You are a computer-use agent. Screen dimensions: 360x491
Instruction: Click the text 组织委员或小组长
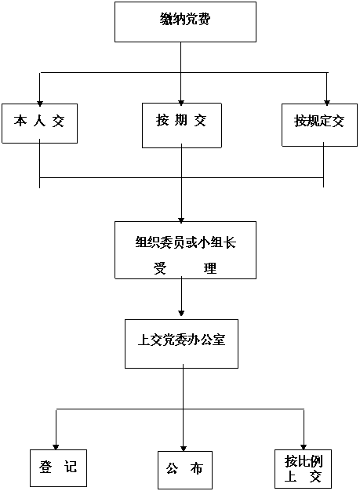[185, 242]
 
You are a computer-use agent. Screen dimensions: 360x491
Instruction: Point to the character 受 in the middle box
[160, 268]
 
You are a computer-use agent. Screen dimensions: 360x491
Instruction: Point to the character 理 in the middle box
[210, 268]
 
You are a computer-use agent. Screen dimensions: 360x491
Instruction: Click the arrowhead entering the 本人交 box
[40, 104]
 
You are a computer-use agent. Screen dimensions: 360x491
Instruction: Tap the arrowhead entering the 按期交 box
[181, 103]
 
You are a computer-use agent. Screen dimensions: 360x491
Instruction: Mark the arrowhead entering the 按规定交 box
[327, 103]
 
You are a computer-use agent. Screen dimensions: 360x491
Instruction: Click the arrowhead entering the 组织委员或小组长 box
[181, 220]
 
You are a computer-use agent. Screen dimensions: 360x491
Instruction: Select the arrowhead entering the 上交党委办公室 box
[181, 313]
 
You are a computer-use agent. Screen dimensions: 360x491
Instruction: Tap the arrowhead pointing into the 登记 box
[56, 447]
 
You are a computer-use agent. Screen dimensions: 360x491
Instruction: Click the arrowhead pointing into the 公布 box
[184, 449]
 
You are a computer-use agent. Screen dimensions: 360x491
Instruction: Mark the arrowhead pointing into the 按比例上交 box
[304, 447]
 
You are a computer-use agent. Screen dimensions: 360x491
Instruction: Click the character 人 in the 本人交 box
[39, 121]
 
